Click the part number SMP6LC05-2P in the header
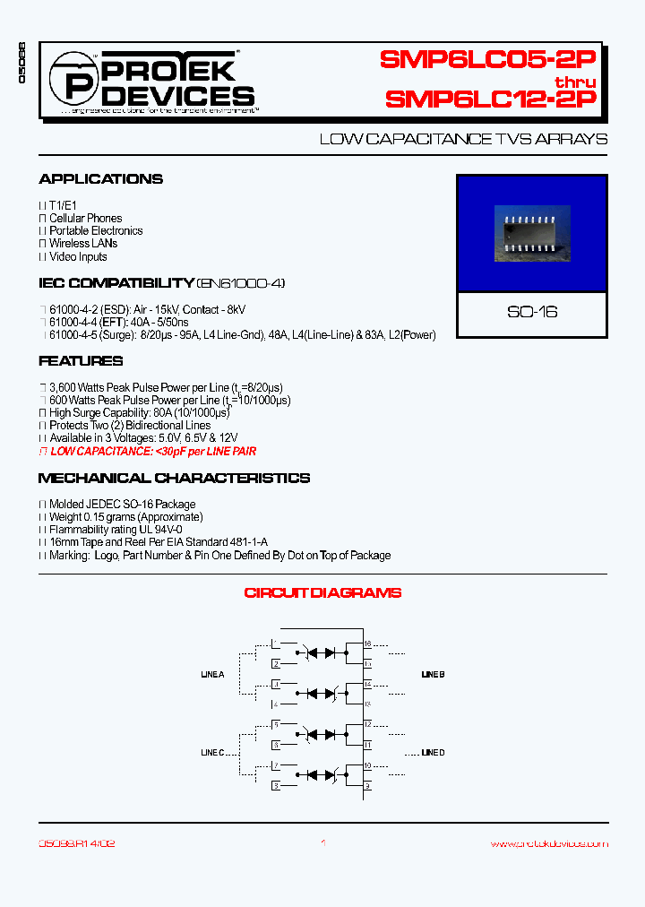[487, 60]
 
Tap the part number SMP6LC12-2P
[490, 99]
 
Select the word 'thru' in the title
[574, 81]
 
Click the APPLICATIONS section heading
[101, 179]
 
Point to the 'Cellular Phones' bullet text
[85, 218]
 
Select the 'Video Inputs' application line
[78, 256]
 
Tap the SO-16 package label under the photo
[532, 312]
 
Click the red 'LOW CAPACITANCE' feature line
[153, 452]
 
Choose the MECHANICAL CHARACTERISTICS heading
[175, 479]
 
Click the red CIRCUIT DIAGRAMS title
[322, 592]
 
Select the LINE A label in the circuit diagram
[212, 674]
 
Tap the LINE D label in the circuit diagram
[433, 753]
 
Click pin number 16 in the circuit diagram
[368, 644]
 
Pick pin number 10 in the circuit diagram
[368, 765]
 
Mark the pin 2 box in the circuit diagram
[277, 664]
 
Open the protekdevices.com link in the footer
[549, 843]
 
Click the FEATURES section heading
[81, 361]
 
